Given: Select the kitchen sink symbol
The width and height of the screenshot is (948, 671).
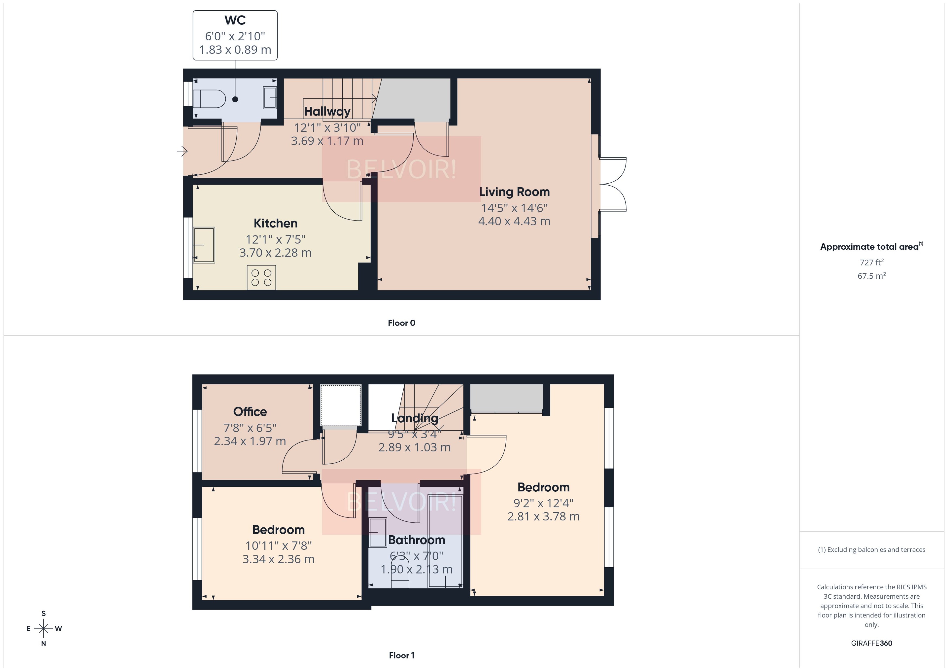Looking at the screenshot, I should point(204,245).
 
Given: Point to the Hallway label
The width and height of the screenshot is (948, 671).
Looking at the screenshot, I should point(327,111).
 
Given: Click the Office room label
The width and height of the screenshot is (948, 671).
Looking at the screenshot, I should point(250,411).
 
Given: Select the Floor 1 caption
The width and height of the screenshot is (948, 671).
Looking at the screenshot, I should point(401,655).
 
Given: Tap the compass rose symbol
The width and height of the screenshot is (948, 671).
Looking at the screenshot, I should point(43,628).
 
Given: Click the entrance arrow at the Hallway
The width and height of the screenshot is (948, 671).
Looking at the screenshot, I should point(182,151).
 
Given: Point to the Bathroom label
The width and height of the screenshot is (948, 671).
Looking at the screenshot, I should point(416,540).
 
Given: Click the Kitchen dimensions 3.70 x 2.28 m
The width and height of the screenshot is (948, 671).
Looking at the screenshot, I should point(275,253).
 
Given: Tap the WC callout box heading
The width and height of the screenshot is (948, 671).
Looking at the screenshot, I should point(235,20).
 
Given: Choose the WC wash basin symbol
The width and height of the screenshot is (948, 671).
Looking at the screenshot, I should point(270,98).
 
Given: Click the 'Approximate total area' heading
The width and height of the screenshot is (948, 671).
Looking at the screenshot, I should point(869,247).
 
